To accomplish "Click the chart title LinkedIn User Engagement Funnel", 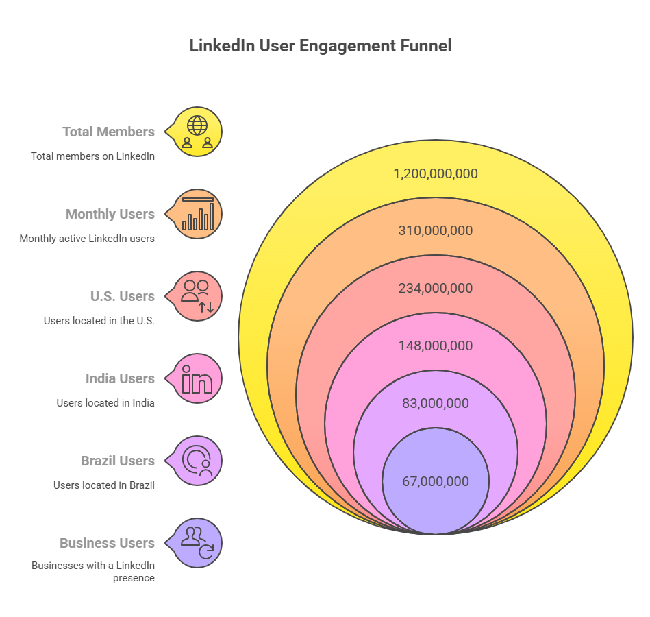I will pos(320,47).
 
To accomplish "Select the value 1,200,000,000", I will pos(435,174).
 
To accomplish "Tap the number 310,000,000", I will pos(435,231).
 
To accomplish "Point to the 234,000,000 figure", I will pos(435,289).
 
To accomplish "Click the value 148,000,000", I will pos(435,346).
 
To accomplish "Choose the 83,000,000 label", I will pos(435,404).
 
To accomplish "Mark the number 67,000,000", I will pos(435,482).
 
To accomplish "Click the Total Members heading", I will pos(108,132).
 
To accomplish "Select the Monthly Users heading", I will pos(110,214).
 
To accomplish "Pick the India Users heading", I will pos(120,378).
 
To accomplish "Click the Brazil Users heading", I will pos(118,461).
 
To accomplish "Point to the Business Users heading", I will pos(107,543).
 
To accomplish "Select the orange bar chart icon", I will pos(197,214).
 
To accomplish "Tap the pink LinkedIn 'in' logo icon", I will pos(197,378).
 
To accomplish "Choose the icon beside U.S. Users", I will pos(197,296).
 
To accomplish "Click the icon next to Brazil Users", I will pos(197,461).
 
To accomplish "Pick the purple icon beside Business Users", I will pos(197,543).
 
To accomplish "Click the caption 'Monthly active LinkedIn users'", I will pos(87,239).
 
